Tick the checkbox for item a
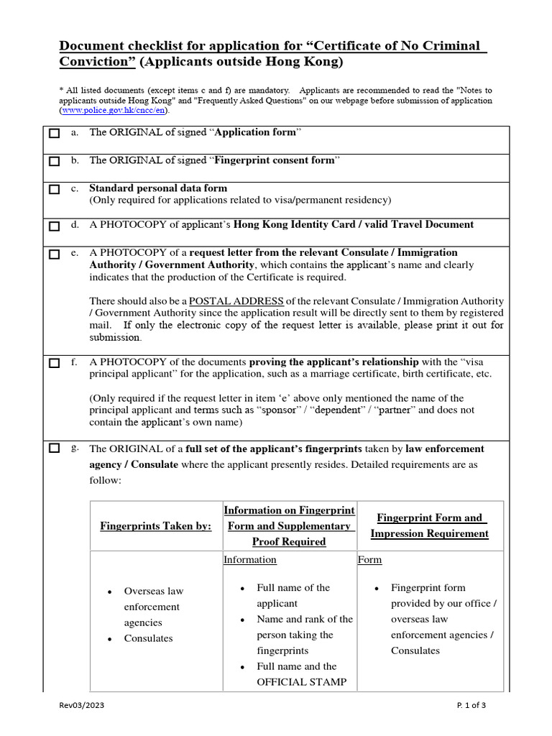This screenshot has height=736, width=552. [55, 134]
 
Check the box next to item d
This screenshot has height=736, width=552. [55, 226]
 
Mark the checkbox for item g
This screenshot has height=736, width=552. [55, 449]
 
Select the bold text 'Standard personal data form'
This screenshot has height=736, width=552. [158, 188]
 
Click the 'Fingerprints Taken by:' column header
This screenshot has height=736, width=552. [155, 526]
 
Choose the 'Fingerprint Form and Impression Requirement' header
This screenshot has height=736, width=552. [429, 525]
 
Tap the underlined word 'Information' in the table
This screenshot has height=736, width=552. [249, 560]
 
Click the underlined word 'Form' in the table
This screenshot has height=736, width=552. [369, 560]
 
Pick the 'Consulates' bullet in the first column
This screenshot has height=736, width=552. [149, 638]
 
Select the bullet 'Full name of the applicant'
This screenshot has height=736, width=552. [293, 596]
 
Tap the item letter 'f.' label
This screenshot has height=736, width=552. [74, 363]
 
